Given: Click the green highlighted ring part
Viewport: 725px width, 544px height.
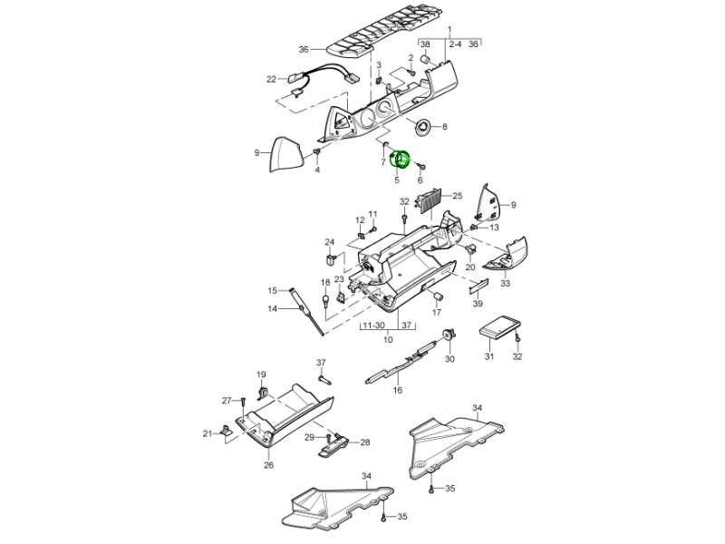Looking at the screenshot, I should tap(400, 160).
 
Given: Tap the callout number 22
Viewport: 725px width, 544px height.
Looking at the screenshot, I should tap(271, 79).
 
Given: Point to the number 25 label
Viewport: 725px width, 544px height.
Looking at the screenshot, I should tap(458, 195).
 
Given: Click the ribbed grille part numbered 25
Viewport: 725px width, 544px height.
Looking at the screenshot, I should tap(430, 199).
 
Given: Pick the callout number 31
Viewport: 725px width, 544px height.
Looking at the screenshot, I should tap(488, 356).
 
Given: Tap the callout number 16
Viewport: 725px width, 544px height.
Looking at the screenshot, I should tap(397, 391).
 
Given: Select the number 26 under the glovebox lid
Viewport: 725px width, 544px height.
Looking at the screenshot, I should tap(268, 466).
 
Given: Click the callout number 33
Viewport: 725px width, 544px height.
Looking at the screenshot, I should tap(505, 283).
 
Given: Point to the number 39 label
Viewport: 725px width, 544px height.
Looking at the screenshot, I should tap(478, 303).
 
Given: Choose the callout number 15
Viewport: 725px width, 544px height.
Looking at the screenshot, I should tap(271, 290).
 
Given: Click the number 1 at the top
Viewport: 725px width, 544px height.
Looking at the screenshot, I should tap(449, 31).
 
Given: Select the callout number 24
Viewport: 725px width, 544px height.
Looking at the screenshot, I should tap(330, 242).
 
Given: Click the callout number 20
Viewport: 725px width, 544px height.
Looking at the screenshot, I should tap(470, 267).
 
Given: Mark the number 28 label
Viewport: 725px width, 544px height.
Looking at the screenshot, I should tap(365, 442).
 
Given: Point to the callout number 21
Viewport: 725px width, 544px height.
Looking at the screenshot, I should tap(207, 432).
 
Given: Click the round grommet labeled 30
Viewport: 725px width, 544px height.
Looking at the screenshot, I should tap(449, 336).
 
